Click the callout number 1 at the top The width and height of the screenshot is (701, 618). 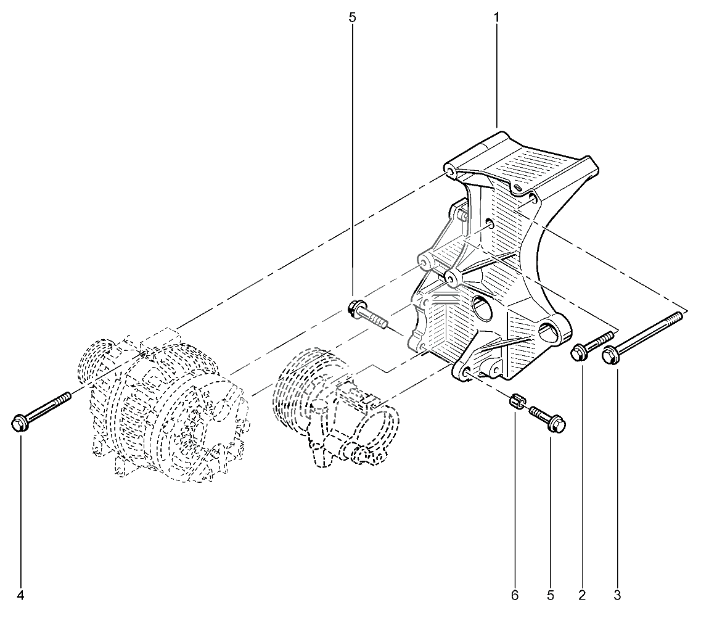(496, 18)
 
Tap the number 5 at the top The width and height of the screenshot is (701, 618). (352, 18)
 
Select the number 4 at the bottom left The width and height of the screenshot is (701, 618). (20, 596)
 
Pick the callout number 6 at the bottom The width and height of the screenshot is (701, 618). (515, 596)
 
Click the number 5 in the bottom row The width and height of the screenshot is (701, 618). (551, 596)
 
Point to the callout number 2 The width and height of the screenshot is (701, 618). (581, 596)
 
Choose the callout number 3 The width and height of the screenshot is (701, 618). (617, 596)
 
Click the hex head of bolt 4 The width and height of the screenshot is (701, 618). (20, 422)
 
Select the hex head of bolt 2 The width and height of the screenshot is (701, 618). (579, 352)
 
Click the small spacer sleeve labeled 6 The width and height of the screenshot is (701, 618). (517, 399)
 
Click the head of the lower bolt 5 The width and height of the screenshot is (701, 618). (557, 422)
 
